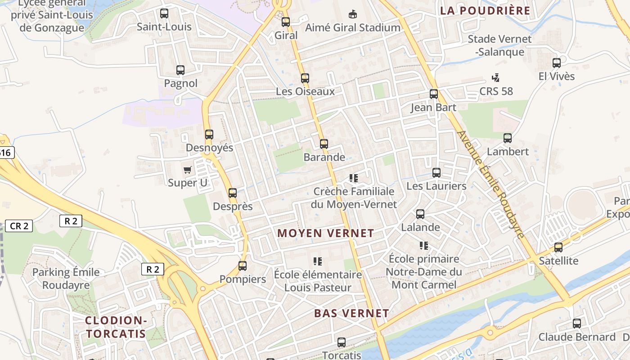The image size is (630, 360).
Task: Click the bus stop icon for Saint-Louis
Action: pos(164,13)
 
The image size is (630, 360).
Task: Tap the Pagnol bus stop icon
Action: pos(180,70)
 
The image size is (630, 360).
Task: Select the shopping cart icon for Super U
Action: pos(188,170)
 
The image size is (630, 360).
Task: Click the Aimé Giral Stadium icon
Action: pos(353,14)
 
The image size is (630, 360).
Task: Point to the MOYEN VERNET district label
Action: pos(326,233)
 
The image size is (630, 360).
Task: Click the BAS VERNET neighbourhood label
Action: pos(351,313)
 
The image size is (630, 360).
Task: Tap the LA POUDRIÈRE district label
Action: pos(485,11)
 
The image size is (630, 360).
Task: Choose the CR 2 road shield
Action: pos(19,226)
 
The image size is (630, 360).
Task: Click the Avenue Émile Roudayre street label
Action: pos(490,184)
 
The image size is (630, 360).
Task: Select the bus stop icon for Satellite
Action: pos(558,247)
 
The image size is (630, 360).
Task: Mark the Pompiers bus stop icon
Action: pos(243,266)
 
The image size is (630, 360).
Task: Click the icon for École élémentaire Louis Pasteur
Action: pos(318,261)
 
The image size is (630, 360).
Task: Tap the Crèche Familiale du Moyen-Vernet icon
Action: pos(354,178)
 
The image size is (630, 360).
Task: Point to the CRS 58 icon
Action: pos(496,78)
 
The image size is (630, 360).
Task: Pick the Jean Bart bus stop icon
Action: pos(434,94)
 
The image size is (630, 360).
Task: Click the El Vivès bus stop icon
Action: pos(557,63)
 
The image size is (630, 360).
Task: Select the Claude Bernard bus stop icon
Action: pos(577,324)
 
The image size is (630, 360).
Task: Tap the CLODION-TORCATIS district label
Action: pos(116,327)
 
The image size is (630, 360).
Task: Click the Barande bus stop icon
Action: pos(324,144)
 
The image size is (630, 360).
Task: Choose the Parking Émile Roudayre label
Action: pos(66,279)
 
